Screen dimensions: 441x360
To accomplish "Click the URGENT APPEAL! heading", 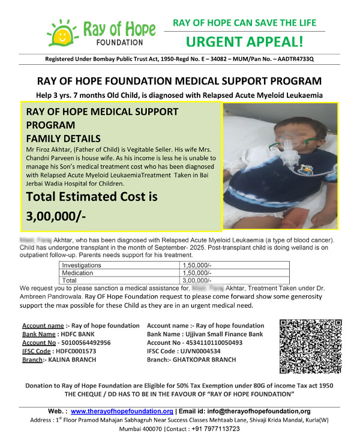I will tap(245, 42).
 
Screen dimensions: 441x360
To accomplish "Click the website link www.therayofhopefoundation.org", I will tap(122, 411).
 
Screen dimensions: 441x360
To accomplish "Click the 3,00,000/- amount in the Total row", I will tap(197, 280).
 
